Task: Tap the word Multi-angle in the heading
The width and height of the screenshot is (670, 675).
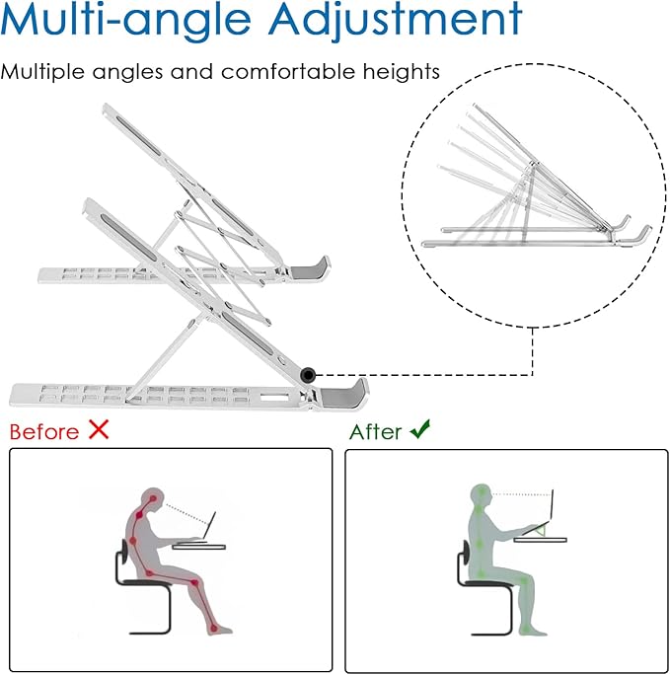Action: [x=126, y=20]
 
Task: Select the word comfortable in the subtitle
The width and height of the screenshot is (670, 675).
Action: [x=288, y=71]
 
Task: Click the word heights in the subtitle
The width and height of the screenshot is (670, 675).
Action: [x=402, y=71]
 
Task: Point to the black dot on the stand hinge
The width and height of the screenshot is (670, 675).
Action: [x=308, y=375]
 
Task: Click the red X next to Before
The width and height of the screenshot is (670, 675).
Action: [x=99, y=429]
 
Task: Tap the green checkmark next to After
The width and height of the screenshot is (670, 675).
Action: [x=420, y=429]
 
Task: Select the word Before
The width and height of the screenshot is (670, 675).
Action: [x=44, y=431]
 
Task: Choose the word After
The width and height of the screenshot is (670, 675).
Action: [x=376, y=431]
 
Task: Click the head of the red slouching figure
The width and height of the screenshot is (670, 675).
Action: [x=153, y=500]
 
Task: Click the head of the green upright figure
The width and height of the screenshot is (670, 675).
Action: [x=482, y=496]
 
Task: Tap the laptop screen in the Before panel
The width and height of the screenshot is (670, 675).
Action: [x=211, y=524]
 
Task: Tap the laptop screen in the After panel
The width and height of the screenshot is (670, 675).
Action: [x=552, y=505]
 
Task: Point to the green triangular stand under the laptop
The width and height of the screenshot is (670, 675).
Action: [x=541, y=530]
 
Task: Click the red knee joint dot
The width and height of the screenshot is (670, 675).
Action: [x=194, y=583]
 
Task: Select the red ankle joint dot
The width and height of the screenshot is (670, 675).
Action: [x=214, y=629]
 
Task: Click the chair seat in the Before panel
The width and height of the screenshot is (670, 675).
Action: [x=145, y=582]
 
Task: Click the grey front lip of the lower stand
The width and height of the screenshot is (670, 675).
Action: [x=344, y=395]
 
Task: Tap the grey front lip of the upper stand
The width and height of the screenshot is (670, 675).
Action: [x=311, y=268]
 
